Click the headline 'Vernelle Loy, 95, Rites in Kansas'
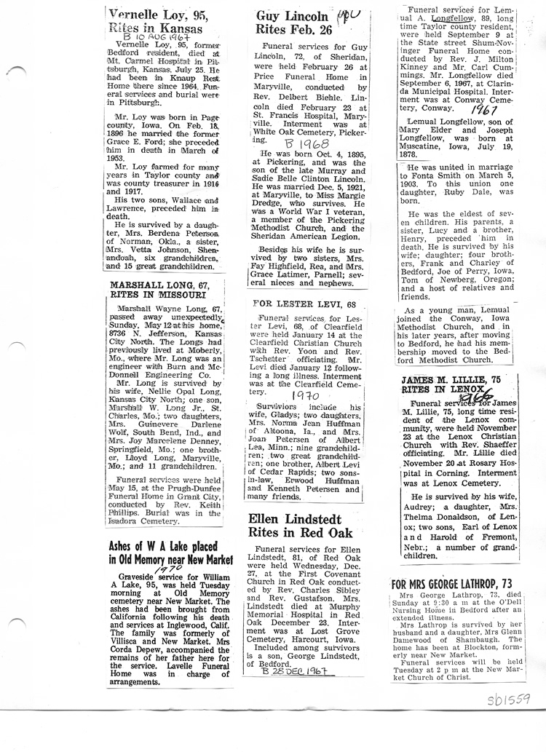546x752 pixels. [157, 22]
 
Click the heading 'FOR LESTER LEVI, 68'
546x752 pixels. [304, 303]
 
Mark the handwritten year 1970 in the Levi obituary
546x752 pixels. [306, 395]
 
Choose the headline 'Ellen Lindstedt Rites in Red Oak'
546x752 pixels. [300, 526]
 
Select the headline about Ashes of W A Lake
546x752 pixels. [165, 554]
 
